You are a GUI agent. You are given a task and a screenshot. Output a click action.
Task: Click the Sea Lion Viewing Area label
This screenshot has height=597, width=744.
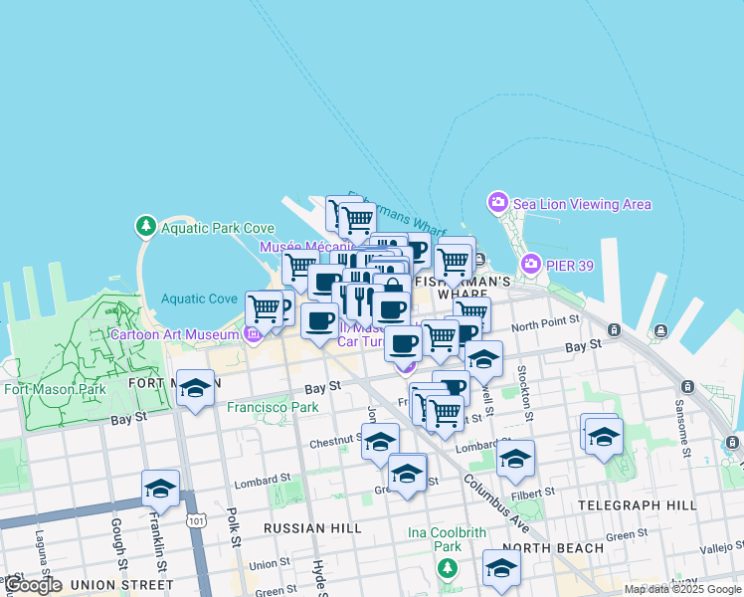click(x=582, y=204)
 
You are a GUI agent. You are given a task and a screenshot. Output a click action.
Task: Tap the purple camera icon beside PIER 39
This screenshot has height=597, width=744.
click(x=529, y=264)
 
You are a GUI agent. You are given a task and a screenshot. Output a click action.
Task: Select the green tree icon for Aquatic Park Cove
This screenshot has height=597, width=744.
click(x=146, y=227)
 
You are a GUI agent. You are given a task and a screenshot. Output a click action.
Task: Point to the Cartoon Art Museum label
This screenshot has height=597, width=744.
click(x=175, y=334)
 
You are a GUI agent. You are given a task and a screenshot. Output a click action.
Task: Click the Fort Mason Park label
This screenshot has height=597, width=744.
click(x=55, y=389)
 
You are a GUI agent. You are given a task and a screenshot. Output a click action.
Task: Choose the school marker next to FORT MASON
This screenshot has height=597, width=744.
click(x=196, y=388)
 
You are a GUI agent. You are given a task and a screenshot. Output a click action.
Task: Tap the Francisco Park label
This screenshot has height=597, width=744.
click(x=273, y=407)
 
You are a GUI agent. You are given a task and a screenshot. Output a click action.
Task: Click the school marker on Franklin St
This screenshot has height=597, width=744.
click(x=160, y=488)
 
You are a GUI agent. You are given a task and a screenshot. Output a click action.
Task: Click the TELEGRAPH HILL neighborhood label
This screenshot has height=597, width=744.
click(x=638, y=505)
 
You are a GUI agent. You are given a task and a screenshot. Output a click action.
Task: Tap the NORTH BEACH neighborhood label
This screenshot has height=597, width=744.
click(x=553, y=548)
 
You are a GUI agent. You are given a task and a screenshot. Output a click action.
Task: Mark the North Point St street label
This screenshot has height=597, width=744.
click(x=545, y=324)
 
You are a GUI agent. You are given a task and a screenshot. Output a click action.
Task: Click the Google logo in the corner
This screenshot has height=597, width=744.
click(x=33, y=585)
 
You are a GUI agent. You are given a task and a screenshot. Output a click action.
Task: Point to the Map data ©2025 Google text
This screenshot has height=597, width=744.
click(x=682, y=589)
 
